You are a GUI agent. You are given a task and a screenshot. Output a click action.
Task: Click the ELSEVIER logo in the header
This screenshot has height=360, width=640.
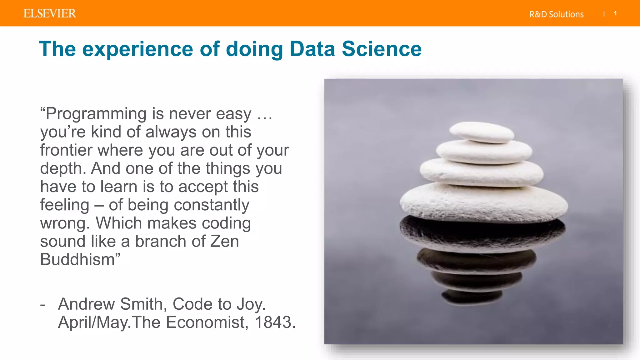point(50,13)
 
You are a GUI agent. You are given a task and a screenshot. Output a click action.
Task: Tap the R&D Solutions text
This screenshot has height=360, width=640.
point(556,14)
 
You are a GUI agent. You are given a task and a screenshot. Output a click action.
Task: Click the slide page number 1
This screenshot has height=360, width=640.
point(615,13)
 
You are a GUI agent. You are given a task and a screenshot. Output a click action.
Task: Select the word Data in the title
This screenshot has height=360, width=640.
point(312,49)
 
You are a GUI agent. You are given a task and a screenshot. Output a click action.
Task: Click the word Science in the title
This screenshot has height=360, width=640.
point(382,49)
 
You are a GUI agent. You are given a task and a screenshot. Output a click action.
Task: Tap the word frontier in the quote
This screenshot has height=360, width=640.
point(66,150)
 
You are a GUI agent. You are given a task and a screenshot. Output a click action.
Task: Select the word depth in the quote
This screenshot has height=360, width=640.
point(62,169)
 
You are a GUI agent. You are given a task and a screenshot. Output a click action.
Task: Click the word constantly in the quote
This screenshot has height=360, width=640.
point(211,206)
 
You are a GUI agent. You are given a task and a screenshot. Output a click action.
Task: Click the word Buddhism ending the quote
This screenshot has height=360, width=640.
point(77,259)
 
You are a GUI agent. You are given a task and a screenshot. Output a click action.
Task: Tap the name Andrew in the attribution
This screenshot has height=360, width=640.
point(87,304)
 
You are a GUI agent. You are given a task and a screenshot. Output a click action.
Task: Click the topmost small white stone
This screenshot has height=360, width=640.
point(482,132)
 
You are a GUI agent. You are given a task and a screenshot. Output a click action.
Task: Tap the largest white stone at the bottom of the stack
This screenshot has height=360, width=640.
point(483,202)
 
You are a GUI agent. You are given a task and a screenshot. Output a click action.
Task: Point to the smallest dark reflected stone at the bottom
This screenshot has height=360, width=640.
point(472,297)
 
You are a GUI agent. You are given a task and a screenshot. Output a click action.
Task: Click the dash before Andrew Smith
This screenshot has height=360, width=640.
point(43,304)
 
